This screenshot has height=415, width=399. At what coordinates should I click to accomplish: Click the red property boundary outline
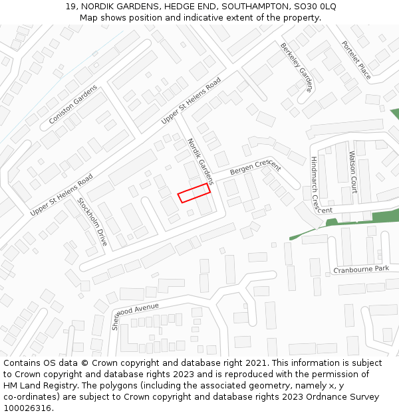(x=194, y=193)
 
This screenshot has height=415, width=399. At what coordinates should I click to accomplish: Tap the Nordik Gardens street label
(x=200, y=161)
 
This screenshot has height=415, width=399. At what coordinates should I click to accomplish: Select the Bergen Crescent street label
(x=255, y=167)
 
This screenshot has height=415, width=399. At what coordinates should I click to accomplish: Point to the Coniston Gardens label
(x=72, y=104)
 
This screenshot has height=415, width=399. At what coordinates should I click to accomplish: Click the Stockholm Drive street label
(x=92, y=222)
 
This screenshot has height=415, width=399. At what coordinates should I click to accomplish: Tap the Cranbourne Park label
(x=360, y=269)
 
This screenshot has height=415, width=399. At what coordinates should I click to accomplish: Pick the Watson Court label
(x=353, y=171)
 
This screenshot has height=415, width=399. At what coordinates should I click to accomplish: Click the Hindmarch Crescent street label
(x=317, y=185)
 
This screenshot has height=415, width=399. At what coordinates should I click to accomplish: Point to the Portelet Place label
(x=356, y=60)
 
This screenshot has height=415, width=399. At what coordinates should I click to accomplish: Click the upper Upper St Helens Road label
(x=191, y=102)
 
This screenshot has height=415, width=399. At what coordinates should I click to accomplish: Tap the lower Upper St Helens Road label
(x=61, y=195)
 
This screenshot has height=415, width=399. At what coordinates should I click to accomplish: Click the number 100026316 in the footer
(x=27, y=408)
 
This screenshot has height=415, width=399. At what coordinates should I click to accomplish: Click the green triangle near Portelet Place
(x=394, y=114)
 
